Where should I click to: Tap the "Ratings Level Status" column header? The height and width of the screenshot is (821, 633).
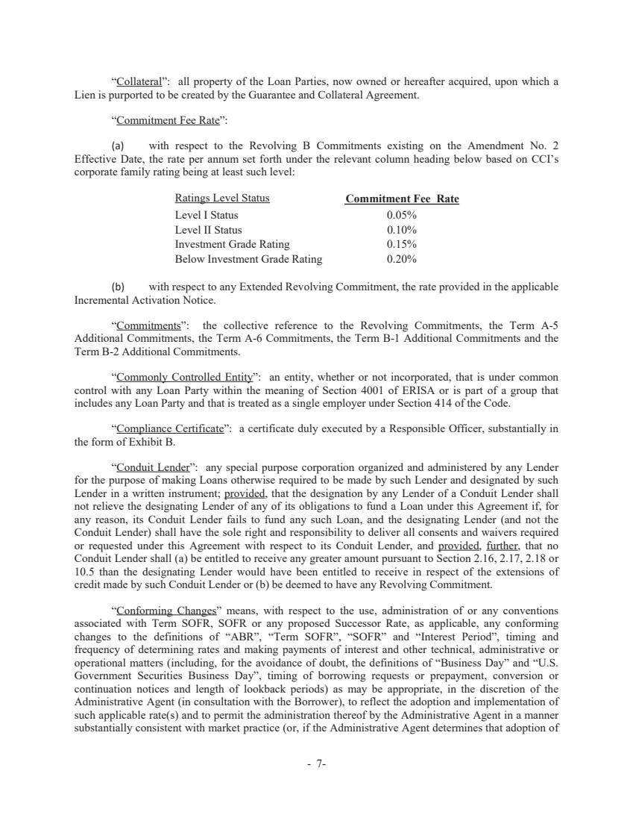pos(222,199)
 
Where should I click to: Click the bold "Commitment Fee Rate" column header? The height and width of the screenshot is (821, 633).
pos(402,199)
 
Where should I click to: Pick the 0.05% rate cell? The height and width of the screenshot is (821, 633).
pos(401,215)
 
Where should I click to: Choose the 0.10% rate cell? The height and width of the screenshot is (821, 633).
pos(401,230)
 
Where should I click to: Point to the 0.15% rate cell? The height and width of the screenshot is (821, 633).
pos(401,245)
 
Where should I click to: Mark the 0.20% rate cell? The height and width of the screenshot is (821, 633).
pos(401,260)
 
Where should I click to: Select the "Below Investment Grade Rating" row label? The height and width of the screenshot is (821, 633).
pos(248,260)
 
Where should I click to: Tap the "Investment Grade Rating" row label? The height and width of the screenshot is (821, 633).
pos(232,245)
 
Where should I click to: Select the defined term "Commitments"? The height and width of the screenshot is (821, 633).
pos(149,326)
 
